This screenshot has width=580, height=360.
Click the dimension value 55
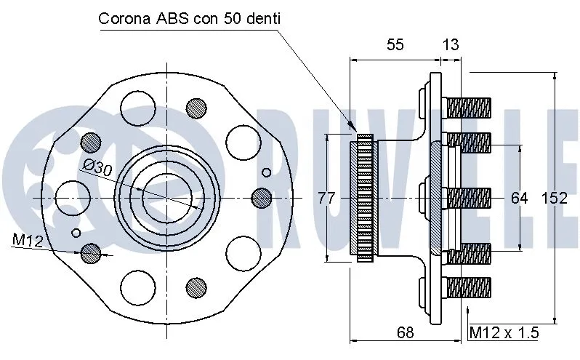[395, 44]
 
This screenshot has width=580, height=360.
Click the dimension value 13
[451, 44]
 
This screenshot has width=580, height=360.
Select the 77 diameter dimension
[327, 197]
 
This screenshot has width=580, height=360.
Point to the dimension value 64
[519, 197]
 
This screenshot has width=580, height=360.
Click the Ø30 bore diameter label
[97, 168]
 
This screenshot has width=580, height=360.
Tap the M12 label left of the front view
[27, 239]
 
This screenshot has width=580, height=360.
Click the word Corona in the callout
[125, 18]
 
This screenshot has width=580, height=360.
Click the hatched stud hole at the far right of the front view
[262, 197]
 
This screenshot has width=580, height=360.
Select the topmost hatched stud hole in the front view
[196, 108]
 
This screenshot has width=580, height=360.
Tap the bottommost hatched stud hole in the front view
[196, 286]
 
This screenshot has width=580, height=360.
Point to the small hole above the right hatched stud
[266, 172]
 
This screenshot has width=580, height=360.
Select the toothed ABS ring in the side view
[364, 197]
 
